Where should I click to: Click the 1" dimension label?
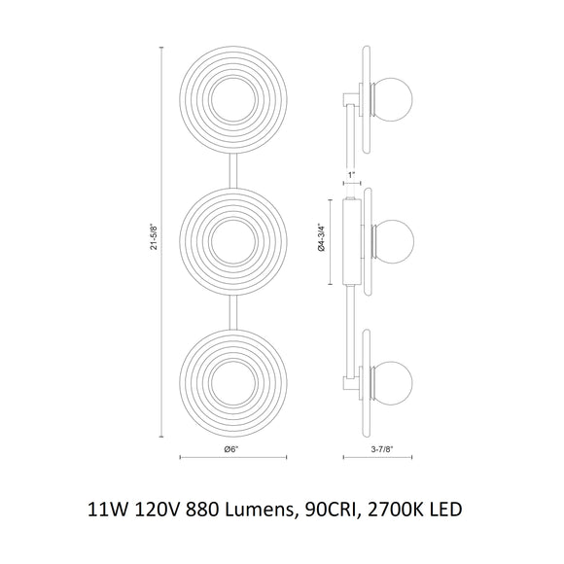pyautogui.click(x=351, y=175)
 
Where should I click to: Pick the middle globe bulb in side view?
pyautogui.click(x=398, y=235)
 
